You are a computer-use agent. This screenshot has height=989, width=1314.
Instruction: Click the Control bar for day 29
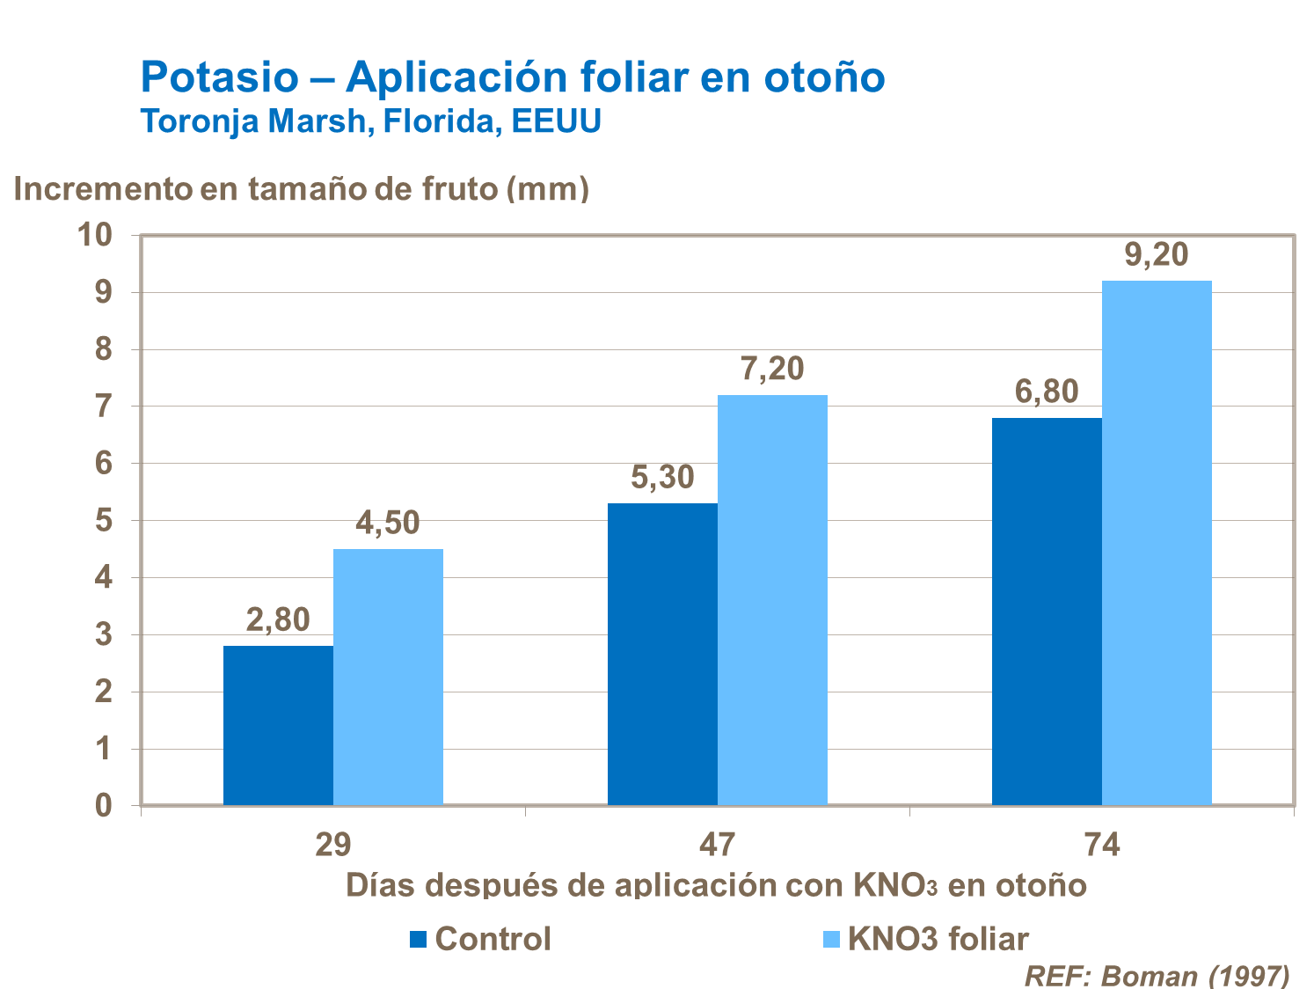[x=278, y=725]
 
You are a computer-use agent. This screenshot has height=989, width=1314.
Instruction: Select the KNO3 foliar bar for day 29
[x=388, y=677]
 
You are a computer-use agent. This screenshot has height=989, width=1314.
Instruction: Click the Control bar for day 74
[x=1047, y=612]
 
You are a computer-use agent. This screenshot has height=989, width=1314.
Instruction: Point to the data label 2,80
[x=278, y=620]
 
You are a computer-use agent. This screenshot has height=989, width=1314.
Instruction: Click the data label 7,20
[x=772, y=369]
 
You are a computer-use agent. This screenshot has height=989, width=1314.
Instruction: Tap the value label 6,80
[x=1047, y=392]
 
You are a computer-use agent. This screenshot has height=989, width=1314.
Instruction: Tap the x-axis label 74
[x=1102, y=845]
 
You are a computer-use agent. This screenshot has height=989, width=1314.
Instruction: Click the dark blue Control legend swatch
[x=419, y=939]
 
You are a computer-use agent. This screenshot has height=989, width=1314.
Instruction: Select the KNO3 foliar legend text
[x=938, y=939]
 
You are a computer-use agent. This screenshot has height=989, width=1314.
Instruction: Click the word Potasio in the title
[x=220, y=77]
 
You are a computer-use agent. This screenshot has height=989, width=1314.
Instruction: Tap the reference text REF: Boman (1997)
[x=1157, y=975]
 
